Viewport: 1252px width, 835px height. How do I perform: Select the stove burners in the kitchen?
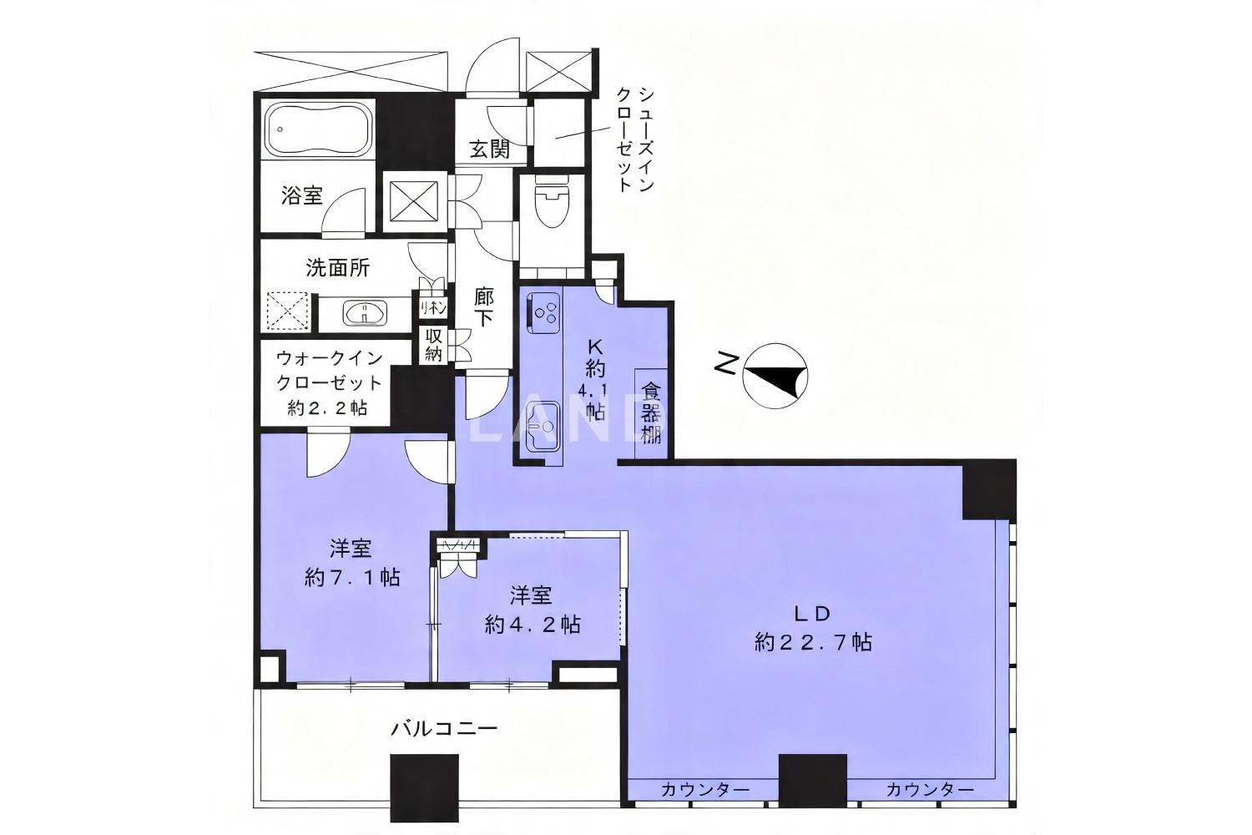[x=543, y=312]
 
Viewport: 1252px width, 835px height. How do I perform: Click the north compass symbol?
[x=775, y=376]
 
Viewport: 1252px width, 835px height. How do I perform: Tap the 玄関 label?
[x=489, y=149]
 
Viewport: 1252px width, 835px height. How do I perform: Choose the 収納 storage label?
[x=434, y=345]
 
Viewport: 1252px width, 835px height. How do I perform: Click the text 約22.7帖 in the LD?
[x=813, y=642]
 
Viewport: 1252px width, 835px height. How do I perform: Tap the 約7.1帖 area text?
[x=352, y=577]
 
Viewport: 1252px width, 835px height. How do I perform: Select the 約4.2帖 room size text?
[x=533, y=624]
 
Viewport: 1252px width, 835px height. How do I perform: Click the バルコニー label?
[x=444, y=729]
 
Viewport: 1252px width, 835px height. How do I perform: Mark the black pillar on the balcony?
[x=424, y=788]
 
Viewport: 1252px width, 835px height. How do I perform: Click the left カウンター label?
[x=704, y=790]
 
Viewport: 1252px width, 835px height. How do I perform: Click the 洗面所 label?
[x=337, y=268]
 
